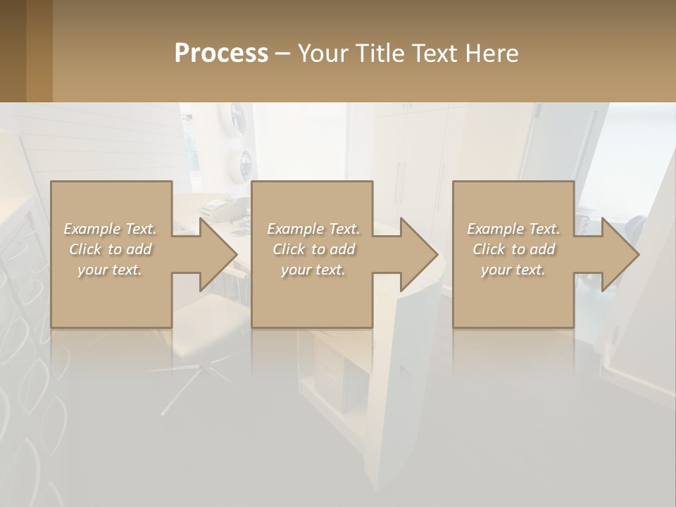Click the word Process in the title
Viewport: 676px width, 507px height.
click(x=221, y=54)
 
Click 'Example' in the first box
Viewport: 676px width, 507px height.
click(x=92, y=229)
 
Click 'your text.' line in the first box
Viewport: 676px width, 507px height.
click(x=110, y=270)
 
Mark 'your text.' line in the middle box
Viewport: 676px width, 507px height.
click(x=313, y=270)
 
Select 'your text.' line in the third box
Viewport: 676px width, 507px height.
click(x=513, y=270)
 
